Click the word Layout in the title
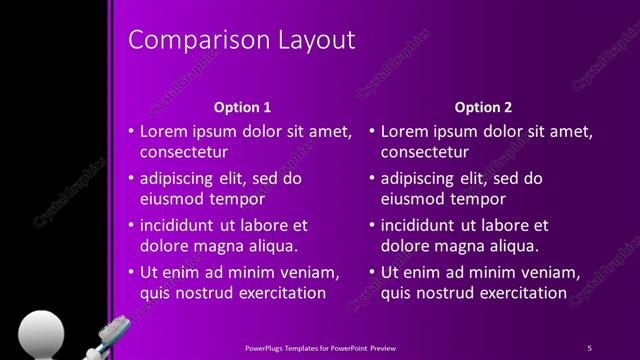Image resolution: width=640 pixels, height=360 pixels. [x=319, y=40]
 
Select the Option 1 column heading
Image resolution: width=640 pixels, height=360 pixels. [x=243, y=106]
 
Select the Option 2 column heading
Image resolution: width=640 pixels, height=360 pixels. [x=483, y=106]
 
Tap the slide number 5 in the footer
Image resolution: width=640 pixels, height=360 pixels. [x=589, y=347]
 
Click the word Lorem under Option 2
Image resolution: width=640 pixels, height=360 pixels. [x=406, y=131]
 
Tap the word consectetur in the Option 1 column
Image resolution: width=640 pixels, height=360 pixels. [x=184, y=153]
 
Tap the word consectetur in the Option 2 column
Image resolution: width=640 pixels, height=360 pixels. [x=425, y=153]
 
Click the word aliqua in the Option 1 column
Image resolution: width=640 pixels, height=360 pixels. [x=273, y=246]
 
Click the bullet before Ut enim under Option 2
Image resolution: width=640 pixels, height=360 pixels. [x=372, y=272]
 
